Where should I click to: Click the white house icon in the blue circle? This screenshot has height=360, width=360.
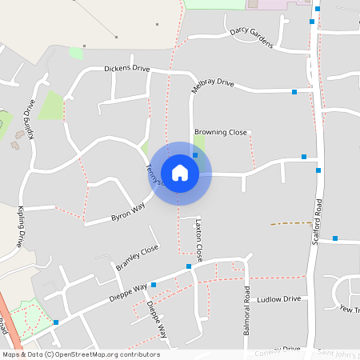point(180,173)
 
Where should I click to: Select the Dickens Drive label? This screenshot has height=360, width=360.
point(126,69)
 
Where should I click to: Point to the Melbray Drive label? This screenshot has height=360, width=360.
point(213,83)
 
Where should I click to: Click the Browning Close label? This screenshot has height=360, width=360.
point(221,132)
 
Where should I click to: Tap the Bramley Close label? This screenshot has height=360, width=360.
point(138,258)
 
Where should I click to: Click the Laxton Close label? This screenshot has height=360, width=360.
point(199,241)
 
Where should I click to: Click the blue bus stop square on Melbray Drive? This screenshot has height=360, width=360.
point(294,92)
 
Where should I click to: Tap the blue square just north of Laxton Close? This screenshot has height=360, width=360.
point(189,266)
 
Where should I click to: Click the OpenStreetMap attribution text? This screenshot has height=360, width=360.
point(81,354)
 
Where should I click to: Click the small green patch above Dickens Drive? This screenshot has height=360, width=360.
point(76,53)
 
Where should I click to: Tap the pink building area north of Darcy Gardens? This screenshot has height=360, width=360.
point(276,4)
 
